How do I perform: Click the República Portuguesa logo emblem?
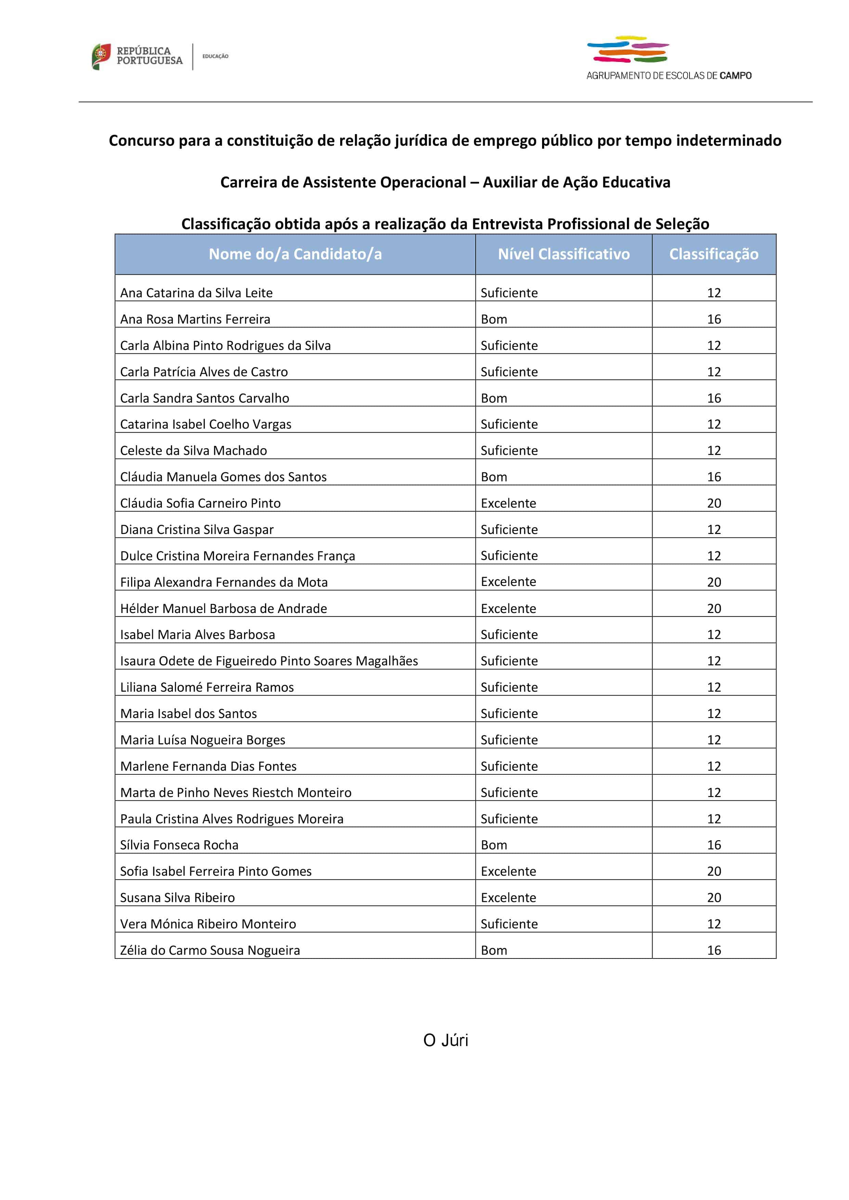click(101, 56)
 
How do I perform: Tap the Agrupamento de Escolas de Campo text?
click(669, 76)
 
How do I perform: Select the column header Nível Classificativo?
click(564, 254)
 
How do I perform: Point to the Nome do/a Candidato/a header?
click(295, 254)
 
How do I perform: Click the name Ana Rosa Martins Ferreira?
click(195, 319)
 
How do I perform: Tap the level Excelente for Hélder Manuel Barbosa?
click(508, 608)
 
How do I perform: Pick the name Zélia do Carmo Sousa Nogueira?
click(210, 950)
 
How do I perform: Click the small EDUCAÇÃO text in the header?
click(215, 56)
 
